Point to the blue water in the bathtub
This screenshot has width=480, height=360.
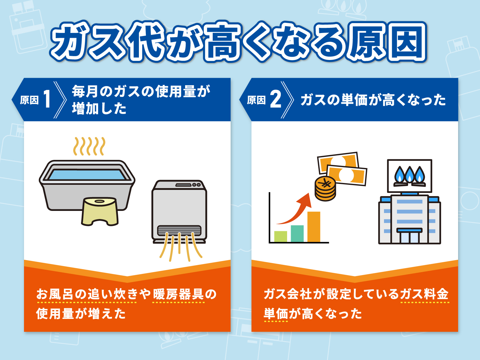click(87, 175)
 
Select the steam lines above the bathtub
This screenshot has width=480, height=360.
click(89, 146)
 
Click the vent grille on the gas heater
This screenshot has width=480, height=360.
click(179, 230)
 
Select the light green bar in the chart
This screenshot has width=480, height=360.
click(280, 236)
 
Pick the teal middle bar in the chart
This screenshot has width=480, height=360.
click(297, 233)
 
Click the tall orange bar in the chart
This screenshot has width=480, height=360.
click(314, 227)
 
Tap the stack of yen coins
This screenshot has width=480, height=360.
click(325, 189)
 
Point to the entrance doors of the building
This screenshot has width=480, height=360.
click(409, 238)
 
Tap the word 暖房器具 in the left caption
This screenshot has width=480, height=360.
click(179, 294)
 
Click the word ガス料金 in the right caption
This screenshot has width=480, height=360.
click(424, 294)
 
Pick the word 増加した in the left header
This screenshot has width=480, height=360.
click(99, 109)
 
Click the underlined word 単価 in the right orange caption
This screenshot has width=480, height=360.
click(276, 314)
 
